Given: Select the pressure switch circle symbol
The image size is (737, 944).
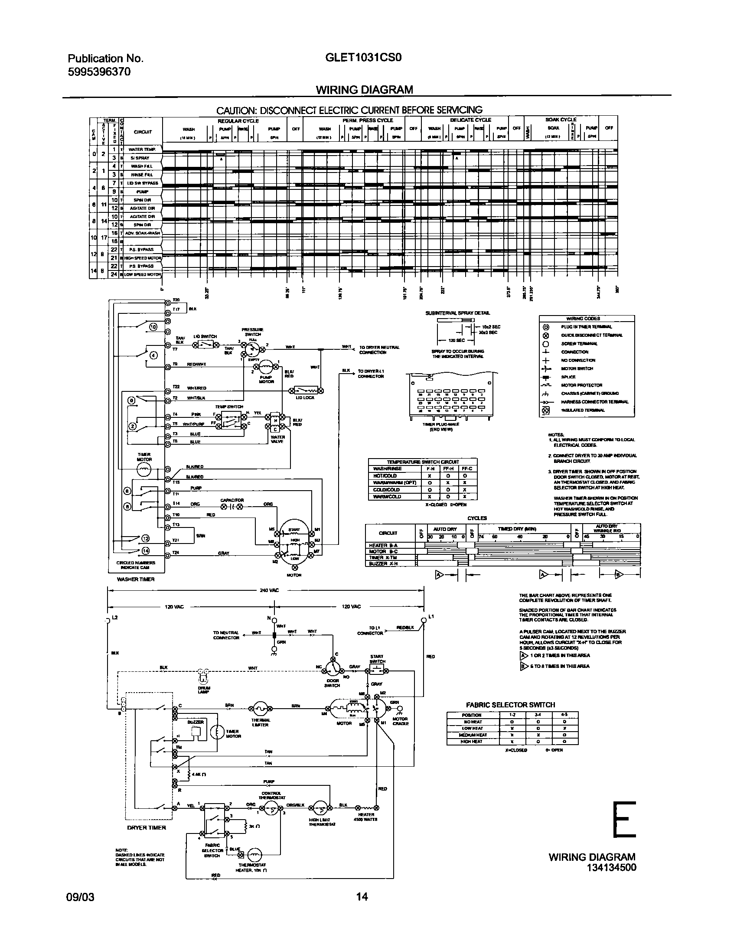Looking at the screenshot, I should (x=254, y=347).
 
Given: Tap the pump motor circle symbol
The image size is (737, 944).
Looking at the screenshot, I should (x=266, y=367).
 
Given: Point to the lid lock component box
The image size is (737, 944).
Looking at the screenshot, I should (x=306, y=390).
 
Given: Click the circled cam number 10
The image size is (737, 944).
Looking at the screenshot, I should (x=153, y=327).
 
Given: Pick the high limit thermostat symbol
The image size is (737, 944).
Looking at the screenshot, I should (x=320, y=807).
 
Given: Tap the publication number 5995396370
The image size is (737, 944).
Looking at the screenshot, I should (x=99, y=72).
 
